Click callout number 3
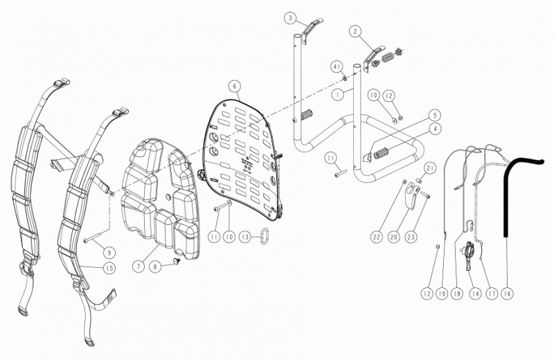[290, 19]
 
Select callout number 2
[355, 31]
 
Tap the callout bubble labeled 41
[337, 66]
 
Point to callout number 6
[234, 87]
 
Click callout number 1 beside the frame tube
[338, 94]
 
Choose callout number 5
[435, 115]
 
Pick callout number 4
[435, 129]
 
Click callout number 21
[429, 168]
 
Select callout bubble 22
[377, 236]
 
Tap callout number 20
[393, 236]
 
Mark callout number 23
[411, 236]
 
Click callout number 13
[246, 236]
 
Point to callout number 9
[109, 253]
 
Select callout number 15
[109, 268]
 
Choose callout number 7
[138, 266]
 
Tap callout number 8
[155, 266]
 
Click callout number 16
[508, 294]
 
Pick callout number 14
[476, 294]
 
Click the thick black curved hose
[506, 198]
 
